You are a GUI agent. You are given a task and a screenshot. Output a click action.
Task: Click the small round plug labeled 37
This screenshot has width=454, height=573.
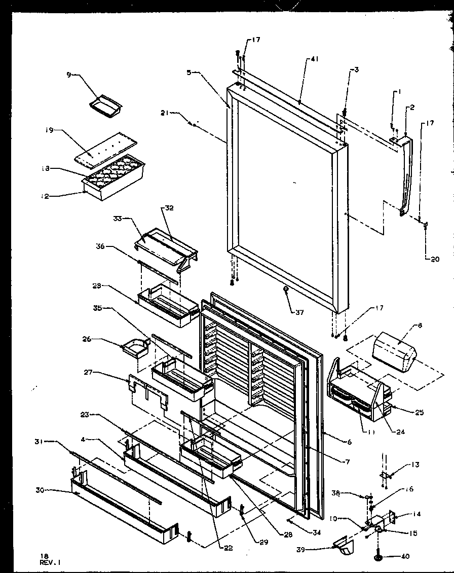[286, 289]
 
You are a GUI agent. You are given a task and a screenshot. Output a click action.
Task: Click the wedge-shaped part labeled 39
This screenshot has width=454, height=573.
[342, 547]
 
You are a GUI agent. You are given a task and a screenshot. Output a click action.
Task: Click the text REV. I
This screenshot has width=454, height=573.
[53, 562]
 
